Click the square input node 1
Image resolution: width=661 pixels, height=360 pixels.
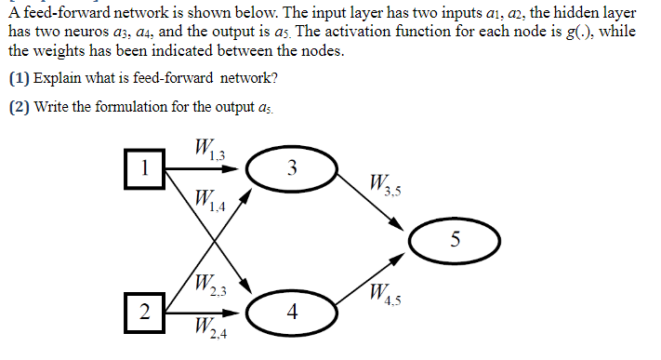(x=144, y=168)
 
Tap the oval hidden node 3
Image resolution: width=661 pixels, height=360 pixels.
(x=292, y=169)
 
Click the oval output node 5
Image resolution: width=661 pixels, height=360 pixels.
(x=455, y=239)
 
